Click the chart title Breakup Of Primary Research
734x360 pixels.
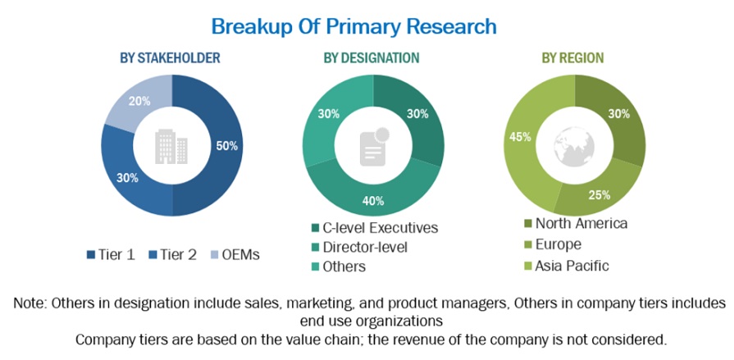pyautogui.click(x=353, y=25)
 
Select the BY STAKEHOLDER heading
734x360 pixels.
pyautogui.click(x=170, y=57)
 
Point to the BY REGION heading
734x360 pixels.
pyautogui.click(x=572, y=57)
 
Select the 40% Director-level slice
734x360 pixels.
pyautogui.click(x=373, y=198)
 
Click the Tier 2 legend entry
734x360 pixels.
pyautogui.click(x=171, y=254)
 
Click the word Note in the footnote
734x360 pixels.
pyautogui.click(x=30, y=303)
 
